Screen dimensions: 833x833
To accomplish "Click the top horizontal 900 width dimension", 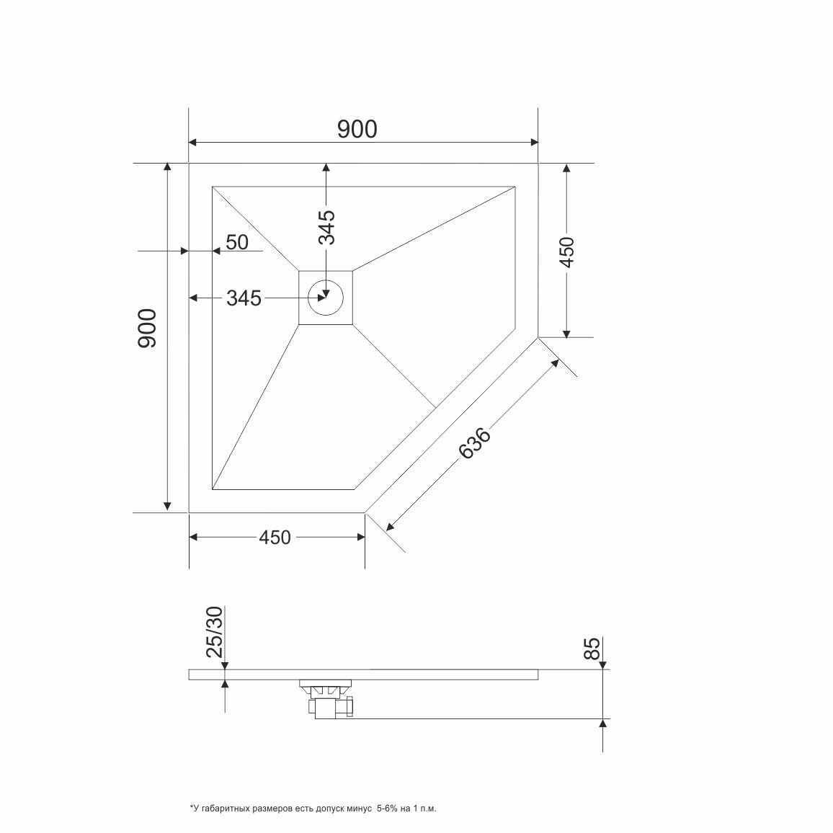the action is [x=357, y=129].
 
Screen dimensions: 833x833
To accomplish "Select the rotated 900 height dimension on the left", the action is [x=146, y=329].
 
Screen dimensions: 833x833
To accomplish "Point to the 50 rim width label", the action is [x=237, y=242].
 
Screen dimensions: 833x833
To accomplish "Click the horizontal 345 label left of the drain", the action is [x=244, y=298].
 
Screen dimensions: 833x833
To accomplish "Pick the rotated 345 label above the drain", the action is [x=327, y=227].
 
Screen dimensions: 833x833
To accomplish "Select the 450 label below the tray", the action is [x=275, y=538].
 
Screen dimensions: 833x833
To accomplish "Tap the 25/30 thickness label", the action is [x=215, y=631].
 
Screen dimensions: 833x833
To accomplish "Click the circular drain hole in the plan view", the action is [x=326, y=298].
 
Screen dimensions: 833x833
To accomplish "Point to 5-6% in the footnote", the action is [x=389, y=809].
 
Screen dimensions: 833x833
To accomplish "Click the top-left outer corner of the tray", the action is [x=189, y=164].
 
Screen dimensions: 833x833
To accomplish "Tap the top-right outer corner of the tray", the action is [x=538, y=164].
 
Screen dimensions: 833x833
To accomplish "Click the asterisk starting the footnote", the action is [x=191, y=808].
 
